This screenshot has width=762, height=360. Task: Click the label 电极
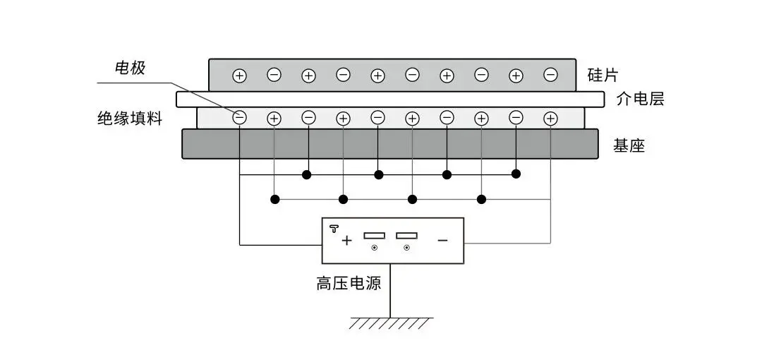coord(130,68)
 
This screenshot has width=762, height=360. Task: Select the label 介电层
coord(640,99)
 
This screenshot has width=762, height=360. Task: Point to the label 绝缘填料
coord(130,119)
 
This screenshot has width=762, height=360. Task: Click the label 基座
coord(629,146)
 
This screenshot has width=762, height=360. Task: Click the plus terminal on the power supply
coord(346,241)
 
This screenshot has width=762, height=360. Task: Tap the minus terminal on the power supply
coord(442,241)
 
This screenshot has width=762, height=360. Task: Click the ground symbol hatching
coord(391,324)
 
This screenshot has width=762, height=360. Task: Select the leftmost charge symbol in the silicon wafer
coord(240,75)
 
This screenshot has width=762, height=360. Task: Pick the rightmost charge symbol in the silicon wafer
coord(551,75)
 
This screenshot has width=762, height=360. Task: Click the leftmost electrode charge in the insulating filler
coord(240,119)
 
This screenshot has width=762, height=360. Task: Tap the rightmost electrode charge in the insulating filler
coord(551,119)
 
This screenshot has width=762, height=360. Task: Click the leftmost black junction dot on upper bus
coord(308,174)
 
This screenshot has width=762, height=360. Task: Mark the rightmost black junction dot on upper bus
coord(516,174)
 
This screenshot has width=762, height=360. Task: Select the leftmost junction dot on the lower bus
coord(274,200)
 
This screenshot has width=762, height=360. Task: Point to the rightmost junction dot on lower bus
coord(482,200)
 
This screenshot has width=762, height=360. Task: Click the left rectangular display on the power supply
coord(374,235)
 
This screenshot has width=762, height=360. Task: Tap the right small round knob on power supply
coord(406,248)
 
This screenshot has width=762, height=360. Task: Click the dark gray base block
coord(390,144)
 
